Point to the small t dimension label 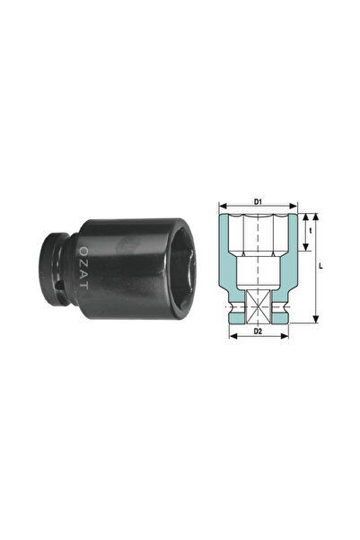coord(310,230)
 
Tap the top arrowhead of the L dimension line coord(315,216)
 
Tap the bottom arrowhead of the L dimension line coord(315,320)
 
